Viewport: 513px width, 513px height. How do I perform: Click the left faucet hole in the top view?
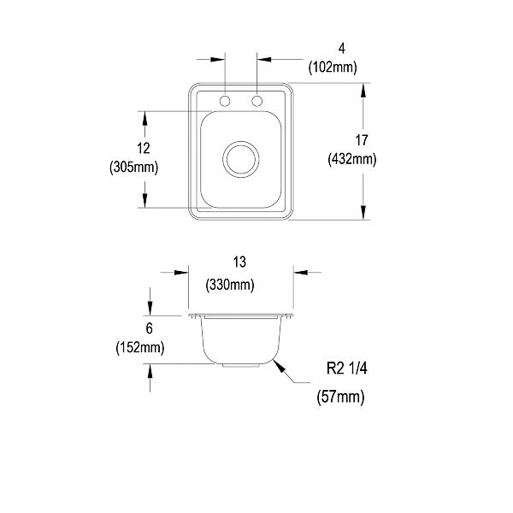click(x=225, y=101)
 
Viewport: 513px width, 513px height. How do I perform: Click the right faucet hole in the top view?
click(x=256, y=101)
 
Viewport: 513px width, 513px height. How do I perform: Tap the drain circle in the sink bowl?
click(x=241, y=159)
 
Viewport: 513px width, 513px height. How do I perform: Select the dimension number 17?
click(x=362, y=140)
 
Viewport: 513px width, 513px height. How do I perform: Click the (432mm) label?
click(x=352, y=159)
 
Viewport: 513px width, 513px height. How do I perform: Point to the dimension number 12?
click(x=144, y=148)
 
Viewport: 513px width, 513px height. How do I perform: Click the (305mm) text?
click(x=134, y=168)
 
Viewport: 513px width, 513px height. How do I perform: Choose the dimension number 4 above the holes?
click(x=341, y=49)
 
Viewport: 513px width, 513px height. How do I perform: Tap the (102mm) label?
click(x=333, y=68)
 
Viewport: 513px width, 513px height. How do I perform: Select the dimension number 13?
click(x=239, y=262)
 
